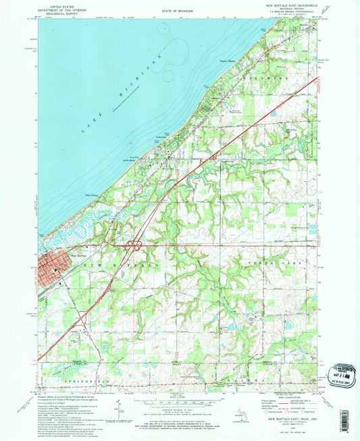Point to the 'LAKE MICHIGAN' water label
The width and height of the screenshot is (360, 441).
coord(121,95)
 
